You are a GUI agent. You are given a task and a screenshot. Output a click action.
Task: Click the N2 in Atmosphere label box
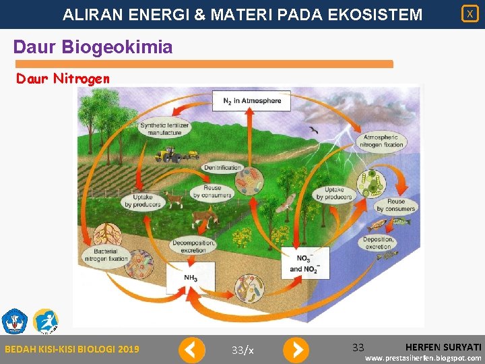point(252,101)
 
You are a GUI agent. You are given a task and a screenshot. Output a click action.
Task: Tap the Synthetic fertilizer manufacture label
point(165,129)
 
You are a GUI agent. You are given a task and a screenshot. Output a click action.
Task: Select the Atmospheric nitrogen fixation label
point(381,141)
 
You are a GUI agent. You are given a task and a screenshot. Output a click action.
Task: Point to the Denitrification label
point(222,168)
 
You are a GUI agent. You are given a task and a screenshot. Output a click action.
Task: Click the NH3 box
point(191,278)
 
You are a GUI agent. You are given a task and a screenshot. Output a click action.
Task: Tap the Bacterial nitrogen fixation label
point(105,255)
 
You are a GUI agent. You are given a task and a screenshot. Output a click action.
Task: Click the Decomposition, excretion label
point(193,245)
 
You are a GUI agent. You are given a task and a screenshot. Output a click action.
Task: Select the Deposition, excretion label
point(378,243)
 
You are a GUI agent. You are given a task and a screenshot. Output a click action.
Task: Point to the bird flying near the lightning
point(313,129)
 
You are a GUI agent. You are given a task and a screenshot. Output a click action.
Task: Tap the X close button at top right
point(470,13)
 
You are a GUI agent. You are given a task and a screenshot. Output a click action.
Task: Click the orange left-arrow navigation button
point(191,350)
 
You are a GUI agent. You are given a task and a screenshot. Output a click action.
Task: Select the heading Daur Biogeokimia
point(93,47)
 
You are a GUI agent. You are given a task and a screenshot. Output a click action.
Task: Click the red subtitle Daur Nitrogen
point(63,79)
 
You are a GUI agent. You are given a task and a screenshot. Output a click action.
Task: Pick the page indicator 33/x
point(243,350)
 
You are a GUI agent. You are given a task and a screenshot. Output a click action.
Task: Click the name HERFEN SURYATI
point(443,346)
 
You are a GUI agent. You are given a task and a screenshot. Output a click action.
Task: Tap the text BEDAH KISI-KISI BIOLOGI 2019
point(72,349)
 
